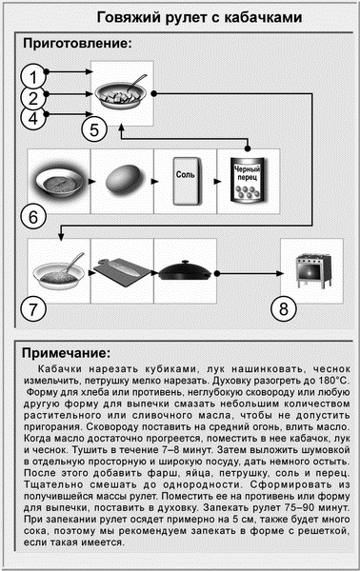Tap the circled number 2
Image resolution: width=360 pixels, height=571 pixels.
coord(33,98)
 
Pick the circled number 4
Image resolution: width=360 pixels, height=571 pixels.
coord(33,119)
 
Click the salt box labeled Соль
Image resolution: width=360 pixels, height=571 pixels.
coord(185,178)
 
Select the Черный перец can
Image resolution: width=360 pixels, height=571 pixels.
coord(248,178)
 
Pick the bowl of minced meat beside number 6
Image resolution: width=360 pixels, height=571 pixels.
coord(59,178)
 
